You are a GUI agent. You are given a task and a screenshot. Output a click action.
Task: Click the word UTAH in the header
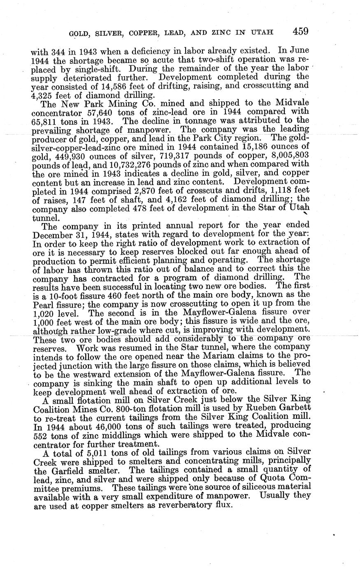(x=262, y=33)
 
